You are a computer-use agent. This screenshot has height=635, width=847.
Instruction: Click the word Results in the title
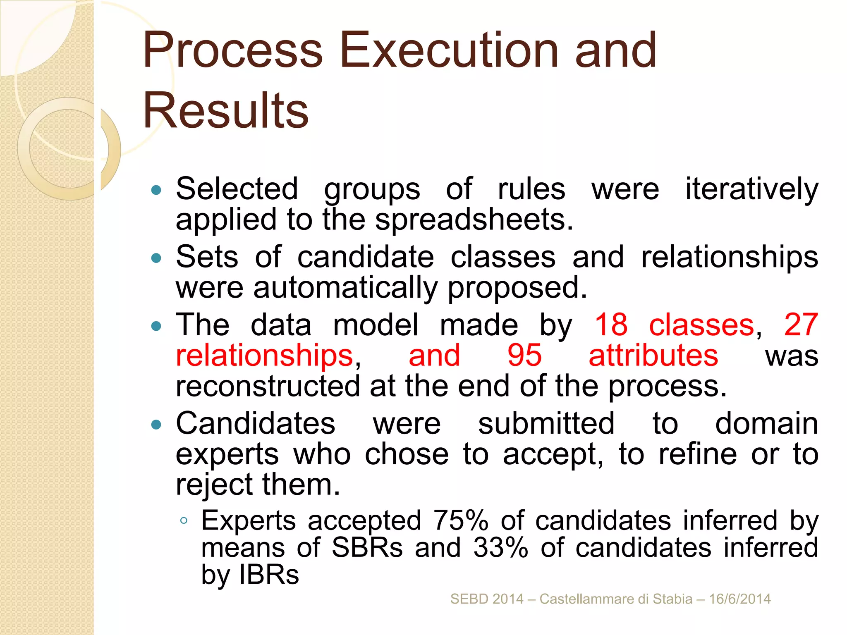pyautogui.click(x=225, y=111)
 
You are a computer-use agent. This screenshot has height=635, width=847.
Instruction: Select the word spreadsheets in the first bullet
pyautogui.click(x=474, y=220)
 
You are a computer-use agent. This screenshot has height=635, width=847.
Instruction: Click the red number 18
pyautogui.click(x=611, y=325)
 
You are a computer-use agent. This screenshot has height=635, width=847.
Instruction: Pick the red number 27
pyautogui.click(x=801, y=325)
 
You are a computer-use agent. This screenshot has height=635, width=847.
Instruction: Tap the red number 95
pyautogui.click(x=524, y=355)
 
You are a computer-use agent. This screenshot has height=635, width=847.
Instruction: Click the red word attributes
pyautogui.click(x=653, y=355)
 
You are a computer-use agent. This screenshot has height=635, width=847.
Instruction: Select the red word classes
pyautogui.click(x=701, y=325)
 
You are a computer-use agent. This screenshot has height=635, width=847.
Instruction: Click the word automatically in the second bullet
pyautogui.click(x=345, y=288)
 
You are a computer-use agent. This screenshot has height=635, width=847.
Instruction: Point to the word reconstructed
pyautogui.click(x=268, y=386)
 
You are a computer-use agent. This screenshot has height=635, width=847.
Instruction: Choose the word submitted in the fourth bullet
pyautogui.click(x=546, y=423)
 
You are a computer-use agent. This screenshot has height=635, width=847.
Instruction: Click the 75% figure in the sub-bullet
pyautogui.click(x=461, y=520)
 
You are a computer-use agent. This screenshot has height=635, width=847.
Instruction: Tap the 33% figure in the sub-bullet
pyautogui.click(x=501, y=548)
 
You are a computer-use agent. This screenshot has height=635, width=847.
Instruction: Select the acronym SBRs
pyautogui.click(x=367, y=548)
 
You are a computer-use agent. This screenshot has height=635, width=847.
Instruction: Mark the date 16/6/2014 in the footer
pyautogui.click(x=739, y=599)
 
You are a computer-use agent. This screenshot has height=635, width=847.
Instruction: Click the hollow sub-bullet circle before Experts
pyautogui.click(x=184, y=520)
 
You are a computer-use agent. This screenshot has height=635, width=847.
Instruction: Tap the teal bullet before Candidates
pyautogui.click(x=156, y=424)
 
